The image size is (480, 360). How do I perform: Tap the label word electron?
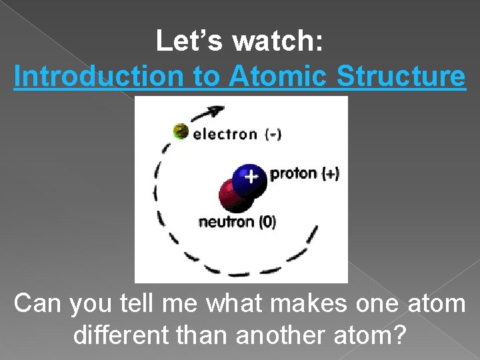225,134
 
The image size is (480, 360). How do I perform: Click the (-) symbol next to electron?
273,134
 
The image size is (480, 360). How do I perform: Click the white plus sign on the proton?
250,177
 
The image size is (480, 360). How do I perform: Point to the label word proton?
293,174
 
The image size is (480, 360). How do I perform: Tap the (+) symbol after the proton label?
330,174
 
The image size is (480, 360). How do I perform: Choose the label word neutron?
227,222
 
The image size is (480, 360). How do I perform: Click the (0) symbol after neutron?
267,222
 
